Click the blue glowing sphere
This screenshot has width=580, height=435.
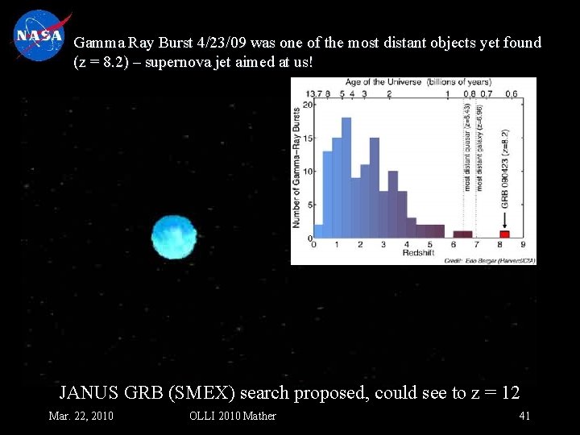click(x=174, y=236)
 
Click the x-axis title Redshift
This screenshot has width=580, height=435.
click(x=417, y=253)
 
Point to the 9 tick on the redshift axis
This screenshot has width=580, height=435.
click(x=524, y=245)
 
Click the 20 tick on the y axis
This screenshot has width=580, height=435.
click(x=307, y=109)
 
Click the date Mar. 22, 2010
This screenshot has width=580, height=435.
click(x=81, y=416)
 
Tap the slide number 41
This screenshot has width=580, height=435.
click(x=524, y=416)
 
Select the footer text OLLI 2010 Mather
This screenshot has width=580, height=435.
click(x=232, y=416)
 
